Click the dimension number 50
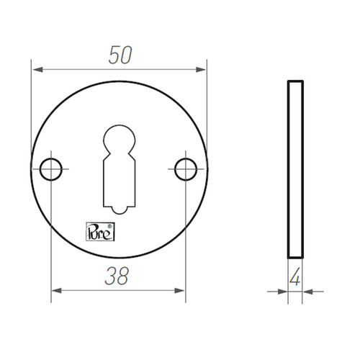(120, 55)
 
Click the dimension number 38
(117, 276)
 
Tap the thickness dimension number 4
(294, 276)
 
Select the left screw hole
(51, 169)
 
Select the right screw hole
(186, 169)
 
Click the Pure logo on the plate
(100, 232)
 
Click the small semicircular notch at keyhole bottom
(120, 210)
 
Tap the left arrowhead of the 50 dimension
(38, 70)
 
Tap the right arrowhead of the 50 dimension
(201, 70)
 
